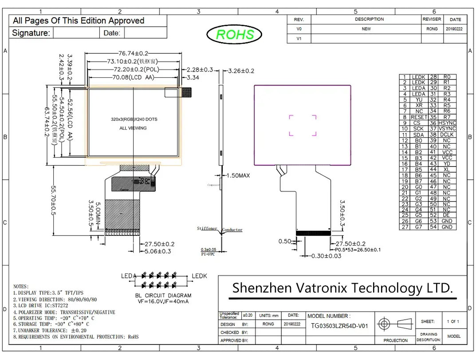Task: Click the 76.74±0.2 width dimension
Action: pyautogui.click(x=133, y=53)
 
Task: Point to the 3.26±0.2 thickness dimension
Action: pyautogui.click(x=241, y=71)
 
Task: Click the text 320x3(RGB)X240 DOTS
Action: pyautogui.click(x=134, y=119)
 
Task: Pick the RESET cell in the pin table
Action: pyautogui.click(x=419, y=117)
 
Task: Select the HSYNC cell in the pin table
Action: pyautogui.click(x=447, y=123)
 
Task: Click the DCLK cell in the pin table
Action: pyautogui.click(x=447, y=135)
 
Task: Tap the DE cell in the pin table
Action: pyautogui.click(x=447, y=215)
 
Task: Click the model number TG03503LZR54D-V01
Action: pyautogui.click(x=340, y=325)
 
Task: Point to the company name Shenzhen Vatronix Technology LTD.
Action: pyautogui.click(x=343, y=288)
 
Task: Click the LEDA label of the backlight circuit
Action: pyautogui.click(x=129, y=276)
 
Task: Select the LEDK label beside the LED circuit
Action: pyautogui.click(x=199, y=276)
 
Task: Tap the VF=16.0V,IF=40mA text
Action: pyautogui.click(x=163, y=301)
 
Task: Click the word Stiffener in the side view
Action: pyautogui.click(x=207, y=229)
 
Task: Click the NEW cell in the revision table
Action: pyautogui.click(x=366, y=29)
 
